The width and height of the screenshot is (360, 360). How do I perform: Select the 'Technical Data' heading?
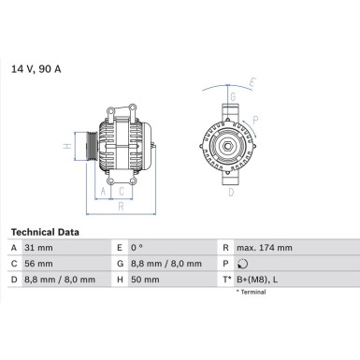pos(45,232)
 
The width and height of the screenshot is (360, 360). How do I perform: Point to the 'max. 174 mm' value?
pos(265,248)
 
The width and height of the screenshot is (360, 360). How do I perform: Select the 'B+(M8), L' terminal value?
pos(258,280)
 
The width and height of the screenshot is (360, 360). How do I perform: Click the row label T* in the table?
pos(225,280)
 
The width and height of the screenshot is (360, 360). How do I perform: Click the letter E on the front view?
pos(251,84)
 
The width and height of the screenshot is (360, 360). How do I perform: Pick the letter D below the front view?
pos(232,194)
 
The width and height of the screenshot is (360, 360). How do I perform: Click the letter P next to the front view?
pos(255,120)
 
